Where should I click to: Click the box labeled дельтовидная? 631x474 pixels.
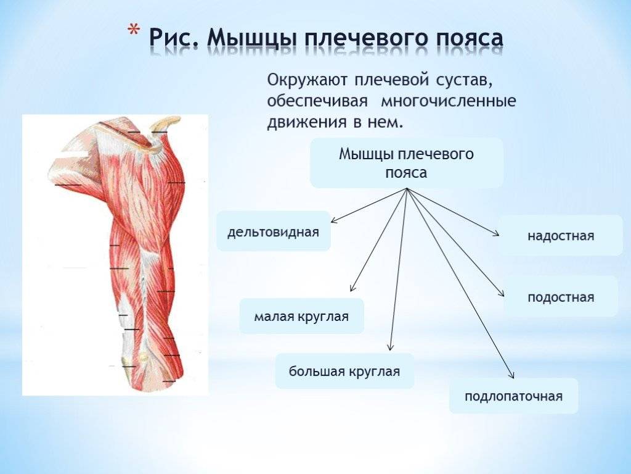tap(274, 231)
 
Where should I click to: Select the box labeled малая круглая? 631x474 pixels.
tap(301, 316)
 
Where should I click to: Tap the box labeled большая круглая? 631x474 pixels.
tap(344, 371)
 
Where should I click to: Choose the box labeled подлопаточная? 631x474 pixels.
tap(513, 396)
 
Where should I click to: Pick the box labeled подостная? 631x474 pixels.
tap(561, 297)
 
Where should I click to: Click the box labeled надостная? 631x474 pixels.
tap(561, 235)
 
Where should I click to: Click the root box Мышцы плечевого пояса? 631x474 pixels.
tap(407, 163)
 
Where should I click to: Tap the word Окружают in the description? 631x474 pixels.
tap(307, 80)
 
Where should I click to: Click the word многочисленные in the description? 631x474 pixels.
tap(449, 101)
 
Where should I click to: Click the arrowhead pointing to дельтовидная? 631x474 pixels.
tap(333, 220)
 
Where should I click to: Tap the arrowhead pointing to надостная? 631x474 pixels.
tap(497, 233)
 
